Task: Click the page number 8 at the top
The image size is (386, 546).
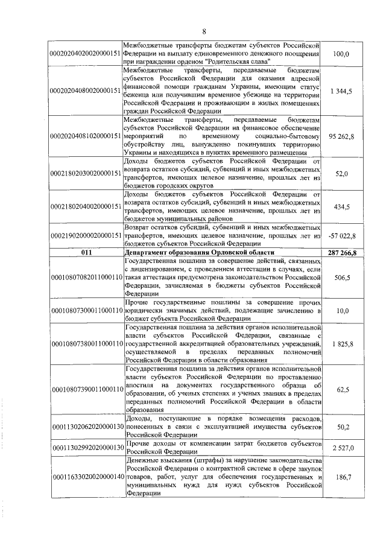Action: click(204, 31)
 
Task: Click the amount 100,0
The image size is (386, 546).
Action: click(341, 54)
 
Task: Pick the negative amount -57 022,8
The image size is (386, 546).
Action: click(341, 235)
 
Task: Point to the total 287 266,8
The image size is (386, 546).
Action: click(341, 252)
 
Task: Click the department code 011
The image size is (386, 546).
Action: click(86, 252)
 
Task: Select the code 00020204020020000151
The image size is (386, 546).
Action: click(86, 54)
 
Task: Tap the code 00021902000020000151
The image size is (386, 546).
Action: click(86, 235)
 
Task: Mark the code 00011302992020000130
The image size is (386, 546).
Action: click(86, 448)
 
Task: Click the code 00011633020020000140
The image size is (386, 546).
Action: click(86, 477)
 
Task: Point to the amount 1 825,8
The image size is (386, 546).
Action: click(341, 343)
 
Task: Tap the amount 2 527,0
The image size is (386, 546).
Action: click(341, 448)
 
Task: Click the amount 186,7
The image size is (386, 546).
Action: click(341, 477)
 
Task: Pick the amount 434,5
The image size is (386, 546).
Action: click(341, 206)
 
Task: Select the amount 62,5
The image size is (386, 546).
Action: click(341, 390)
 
